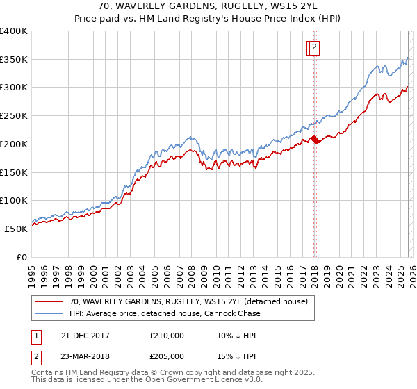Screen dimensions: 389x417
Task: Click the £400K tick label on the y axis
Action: [14, 31]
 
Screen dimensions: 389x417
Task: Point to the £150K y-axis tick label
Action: [14, 172]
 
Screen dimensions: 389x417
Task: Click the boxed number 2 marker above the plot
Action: [314, 47]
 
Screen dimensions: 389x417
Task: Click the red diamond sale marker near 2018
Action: [314, 140]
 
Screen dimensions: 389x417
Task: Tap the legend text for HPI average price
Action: [165, 313]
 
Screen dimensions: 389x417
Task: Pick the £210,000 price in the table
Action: [167, 336]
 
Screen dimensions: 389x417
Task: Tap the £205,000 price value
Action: [167, 358]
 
